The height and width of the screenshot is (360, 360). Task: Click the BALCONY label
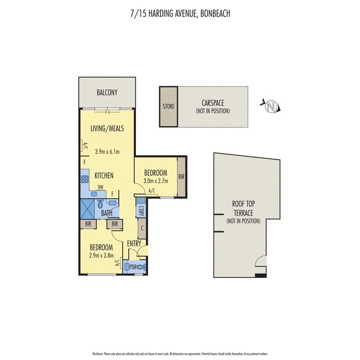tap(107, 93)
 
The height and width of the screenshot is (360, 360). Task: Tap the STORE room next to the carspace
tap(168, 107)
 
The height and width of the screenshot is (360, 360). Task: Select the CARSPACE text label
tap(212, 103)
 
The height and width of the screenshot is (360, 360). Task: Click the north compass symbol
tap(272, 106)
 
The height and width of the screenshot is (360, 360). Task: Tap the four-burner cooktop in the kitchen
tap(85, 179)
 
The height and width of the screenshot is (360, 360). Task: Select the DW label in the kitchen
tap(100, 187)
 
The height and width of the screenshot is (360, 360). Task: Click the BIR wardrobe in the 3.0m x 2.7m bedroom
tap(181, 177)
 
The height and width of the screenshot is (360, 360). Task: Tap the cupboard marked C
tap(142, 228)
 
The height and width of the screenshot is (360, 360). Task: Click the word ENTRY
tap(134, 243)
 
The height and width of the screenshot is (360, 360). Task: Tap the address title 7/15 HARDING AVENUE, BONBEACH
tap(180, 14)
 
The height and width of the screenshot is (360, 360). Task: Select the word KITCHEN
tap(104, 176)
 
